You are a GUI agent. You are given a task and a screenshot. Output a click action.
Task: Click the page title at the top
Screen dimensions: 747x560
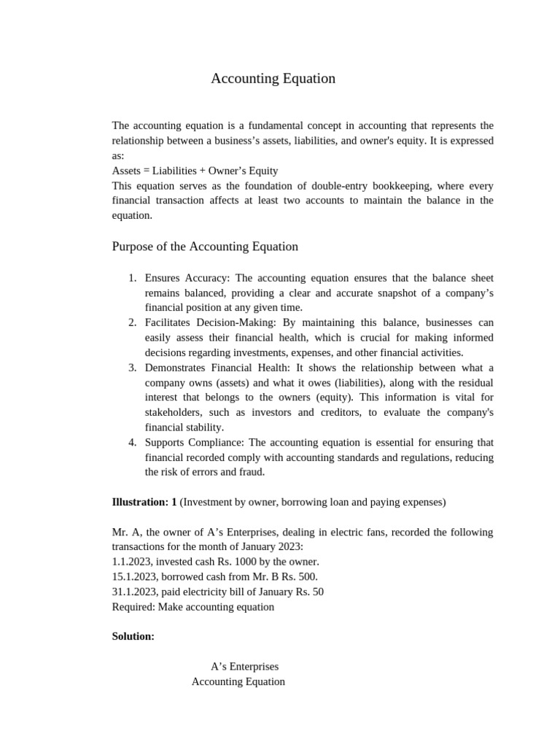[x=273, y=79]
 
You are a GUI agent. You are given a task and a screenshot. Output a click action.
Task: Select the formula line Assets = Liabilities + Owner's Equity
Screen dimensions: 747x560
[x=195, y=171]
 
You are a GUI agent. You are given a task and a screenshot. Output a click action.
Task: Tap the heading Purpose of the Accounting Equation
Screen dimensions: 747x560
[x=205, y=247]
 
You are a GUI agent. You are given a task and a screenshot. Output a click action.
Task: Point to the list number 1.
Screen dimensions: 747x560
[x=132, y=278]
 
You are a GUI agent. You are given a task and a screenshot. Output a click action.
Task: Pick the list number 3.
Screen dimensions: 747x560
[x=132, y=368]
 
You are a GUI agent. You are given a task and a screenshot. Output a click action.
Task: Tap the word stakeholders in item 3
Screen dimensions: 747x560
[x=173, y=412]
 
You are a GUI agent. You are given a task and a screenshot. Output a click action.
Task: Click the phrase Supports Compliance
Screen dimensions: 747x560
[x=195, y=442]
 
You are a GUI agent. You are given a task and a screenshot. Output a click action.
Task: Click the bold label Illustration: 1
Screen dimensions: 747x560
[x=144, y=502]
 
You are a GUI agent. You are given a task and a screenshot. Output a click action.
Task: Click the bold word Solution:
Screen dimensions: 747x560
[x=133, y=636]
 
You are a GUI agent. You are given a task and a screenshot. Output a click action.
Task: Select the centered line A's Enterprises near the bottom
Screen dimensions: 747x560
[x=244, y=667]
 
